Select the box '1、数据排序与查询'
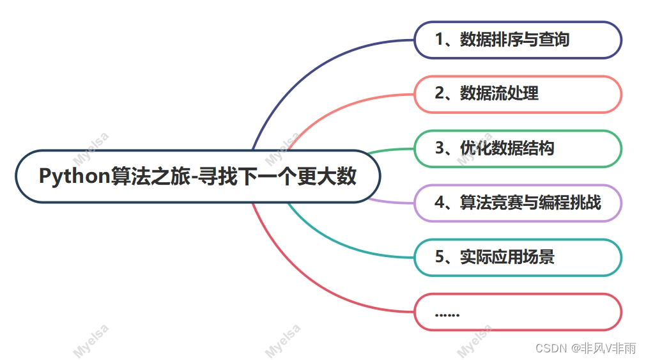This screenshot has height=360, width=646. (x=518, y=40)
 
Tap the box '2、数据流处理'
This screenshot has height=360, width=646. (x=518, y=94)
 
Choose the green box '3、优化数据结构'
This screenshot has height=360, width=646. (x=518, y=148)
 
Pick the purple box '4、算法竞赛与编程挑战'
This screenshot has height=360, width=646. (x=518, y=203)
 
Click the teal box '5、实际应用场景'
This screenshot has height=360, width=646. (x=518, y=257)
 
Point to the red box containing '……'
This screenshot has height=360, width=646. (x=518, y=312)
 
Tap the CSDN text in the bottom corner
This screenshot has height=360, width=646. (x=551, y=348)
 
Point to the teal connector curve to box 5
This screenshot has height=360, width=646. (x=332, y=243)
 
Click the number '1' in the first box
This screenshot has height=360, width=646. (x=440, y=40)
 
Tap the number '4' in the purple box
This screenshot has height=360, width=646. (x=440, y=203)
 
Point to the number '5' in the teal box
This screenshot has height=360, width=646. (x=440, y=257)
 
